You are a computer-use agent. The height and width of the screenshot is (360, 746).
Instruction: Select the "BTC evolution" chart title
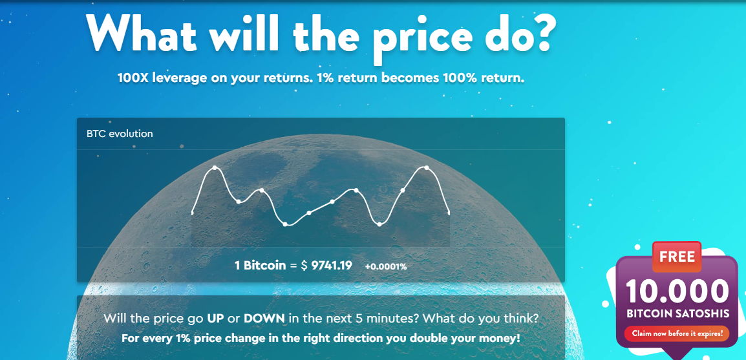(120, 134)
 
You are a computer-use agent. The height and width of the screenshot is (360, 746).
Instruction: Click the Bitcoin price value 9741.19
(332, 266)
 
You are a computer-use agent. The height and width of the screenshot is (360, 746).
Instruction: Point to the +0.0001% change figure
(386, 267)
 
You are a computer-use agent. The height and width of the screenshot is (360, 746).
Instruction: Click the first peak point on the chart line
(215, 168)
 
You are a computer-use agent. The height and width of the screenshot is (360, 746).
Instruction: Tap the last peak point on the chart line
(426, 168)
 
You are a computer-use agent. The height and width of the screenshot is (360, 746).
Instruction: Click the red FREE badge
(677, 257)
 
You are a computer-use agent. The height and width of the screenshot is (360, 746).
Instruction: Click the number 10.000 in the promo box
(677, 291)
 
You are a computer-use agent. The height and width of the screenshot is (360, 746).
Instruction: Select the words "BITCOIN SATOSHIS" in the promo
(677, 315)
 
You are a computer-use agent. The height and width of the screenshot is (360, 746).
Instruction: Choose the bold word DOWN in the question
(264, 318)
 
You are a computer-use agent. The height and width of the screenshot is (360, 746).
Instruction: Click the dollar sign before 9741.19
(304, 266)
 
